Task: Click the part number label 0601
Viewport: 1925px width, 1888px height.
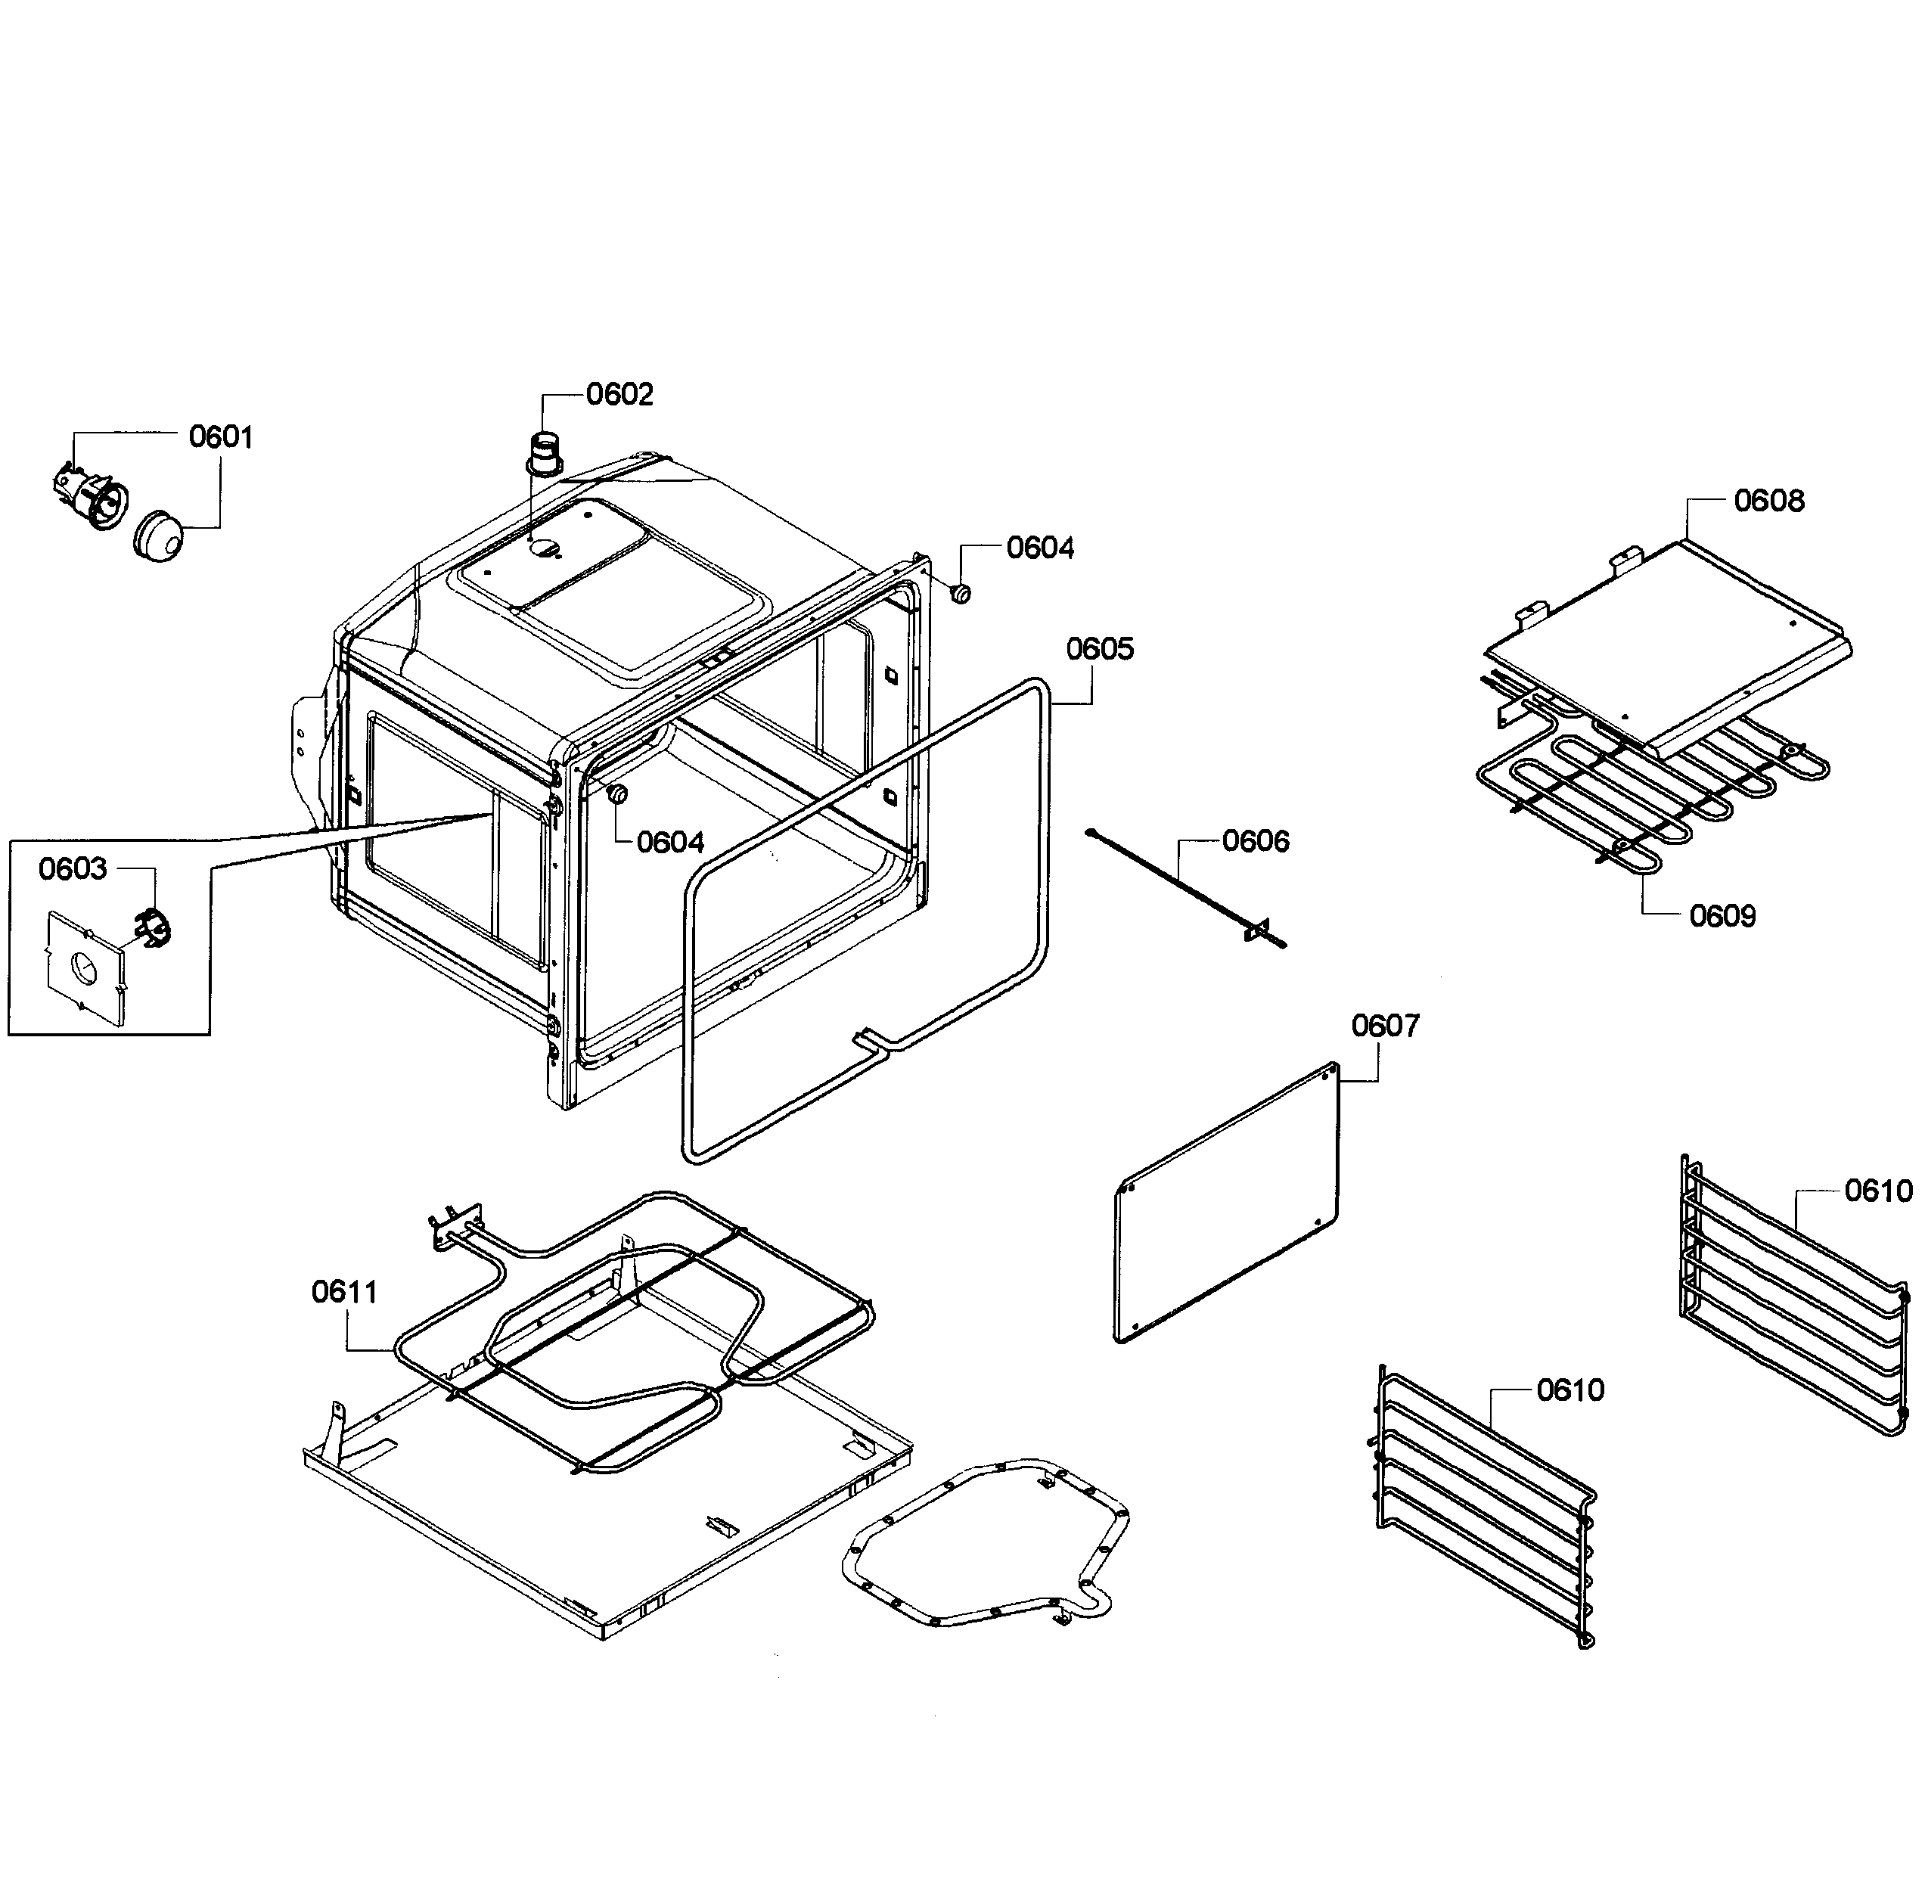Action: pos(220,436)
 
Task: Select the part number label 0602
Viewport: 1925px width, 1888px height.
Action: pos(619,395)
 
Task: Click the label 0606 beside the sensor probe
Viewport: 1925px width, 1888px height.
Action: pos(1255,841)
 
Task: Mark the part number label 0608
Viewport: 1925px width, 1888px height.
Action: pos(1768,501)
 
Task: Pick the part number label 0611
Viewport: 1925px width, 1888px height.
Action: pos(344,1292)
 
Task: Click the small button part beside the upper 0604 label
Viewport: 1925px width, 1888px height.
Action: pos(960,593)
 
